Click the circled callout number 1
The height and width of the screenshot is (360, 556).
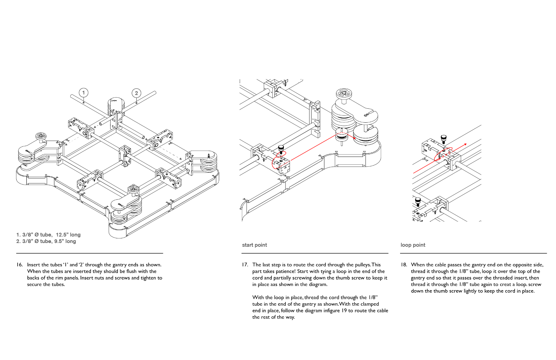coord(84,93)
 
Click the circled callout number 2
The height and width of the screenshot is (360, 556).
coord(136,93)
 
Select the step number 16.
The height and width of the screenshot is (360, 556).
coord(20,265)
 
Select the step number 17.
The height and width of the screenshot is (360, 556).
coord(245,265)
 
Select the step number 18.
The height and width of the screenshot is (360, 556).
coord(404,265)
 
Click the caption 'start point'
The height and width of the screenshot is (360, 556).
coord(255,245)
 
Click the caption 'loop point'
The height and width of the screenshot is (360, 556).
coord(413,245)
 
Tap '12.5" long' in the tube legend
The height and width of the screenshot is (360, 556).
coord(68,235)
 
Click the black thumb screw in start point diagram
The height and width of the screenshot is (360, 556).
coord(281,148)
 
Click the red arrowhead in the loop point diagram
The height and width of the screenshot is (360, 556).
coord(465,144)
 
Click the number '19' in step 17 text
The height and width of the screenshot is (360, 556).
coord(344,311)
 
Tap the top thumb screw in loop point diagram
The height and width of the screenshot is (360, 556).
coord(443,138)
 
